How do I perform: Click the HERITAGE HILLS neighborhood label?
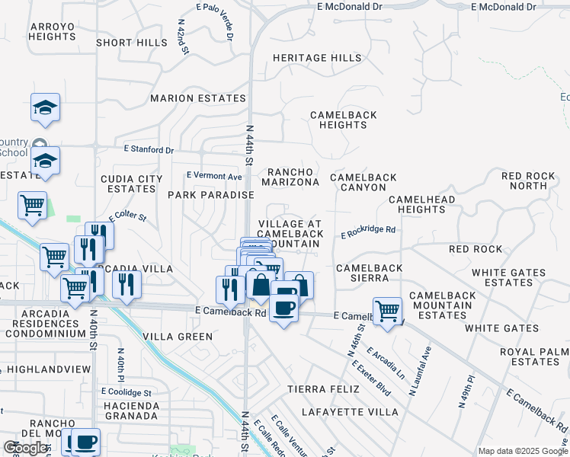(x=317, y=58)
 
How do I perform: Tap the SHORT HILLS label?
(x=131, y=43)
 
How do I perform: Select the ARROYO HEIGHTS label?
(x=52, y=31)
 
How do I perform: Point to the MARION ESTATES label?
(x=197, y=98)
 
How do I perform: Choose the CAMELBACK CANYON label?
(x=363, y=182)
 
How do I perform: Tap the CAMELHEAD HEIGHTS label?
(x=421, y=204)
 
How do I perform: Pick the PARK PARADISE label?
(x=210, y=195)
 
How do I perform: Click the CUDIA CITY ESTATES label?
(x=132, y=184)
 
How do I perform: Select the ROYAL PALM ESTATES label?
(x=530, y=356)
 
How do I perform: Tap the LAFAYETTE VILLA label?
(x=350, y=412)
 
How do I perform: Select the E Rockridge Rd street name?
(x=368, y=230)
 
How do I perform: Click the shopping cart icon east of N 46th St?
(x=388, y=311)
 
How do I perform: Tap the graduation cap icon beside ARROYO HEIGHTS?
(x=45, y=107)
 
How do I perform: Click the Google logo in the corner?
(x=27, y=448)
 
